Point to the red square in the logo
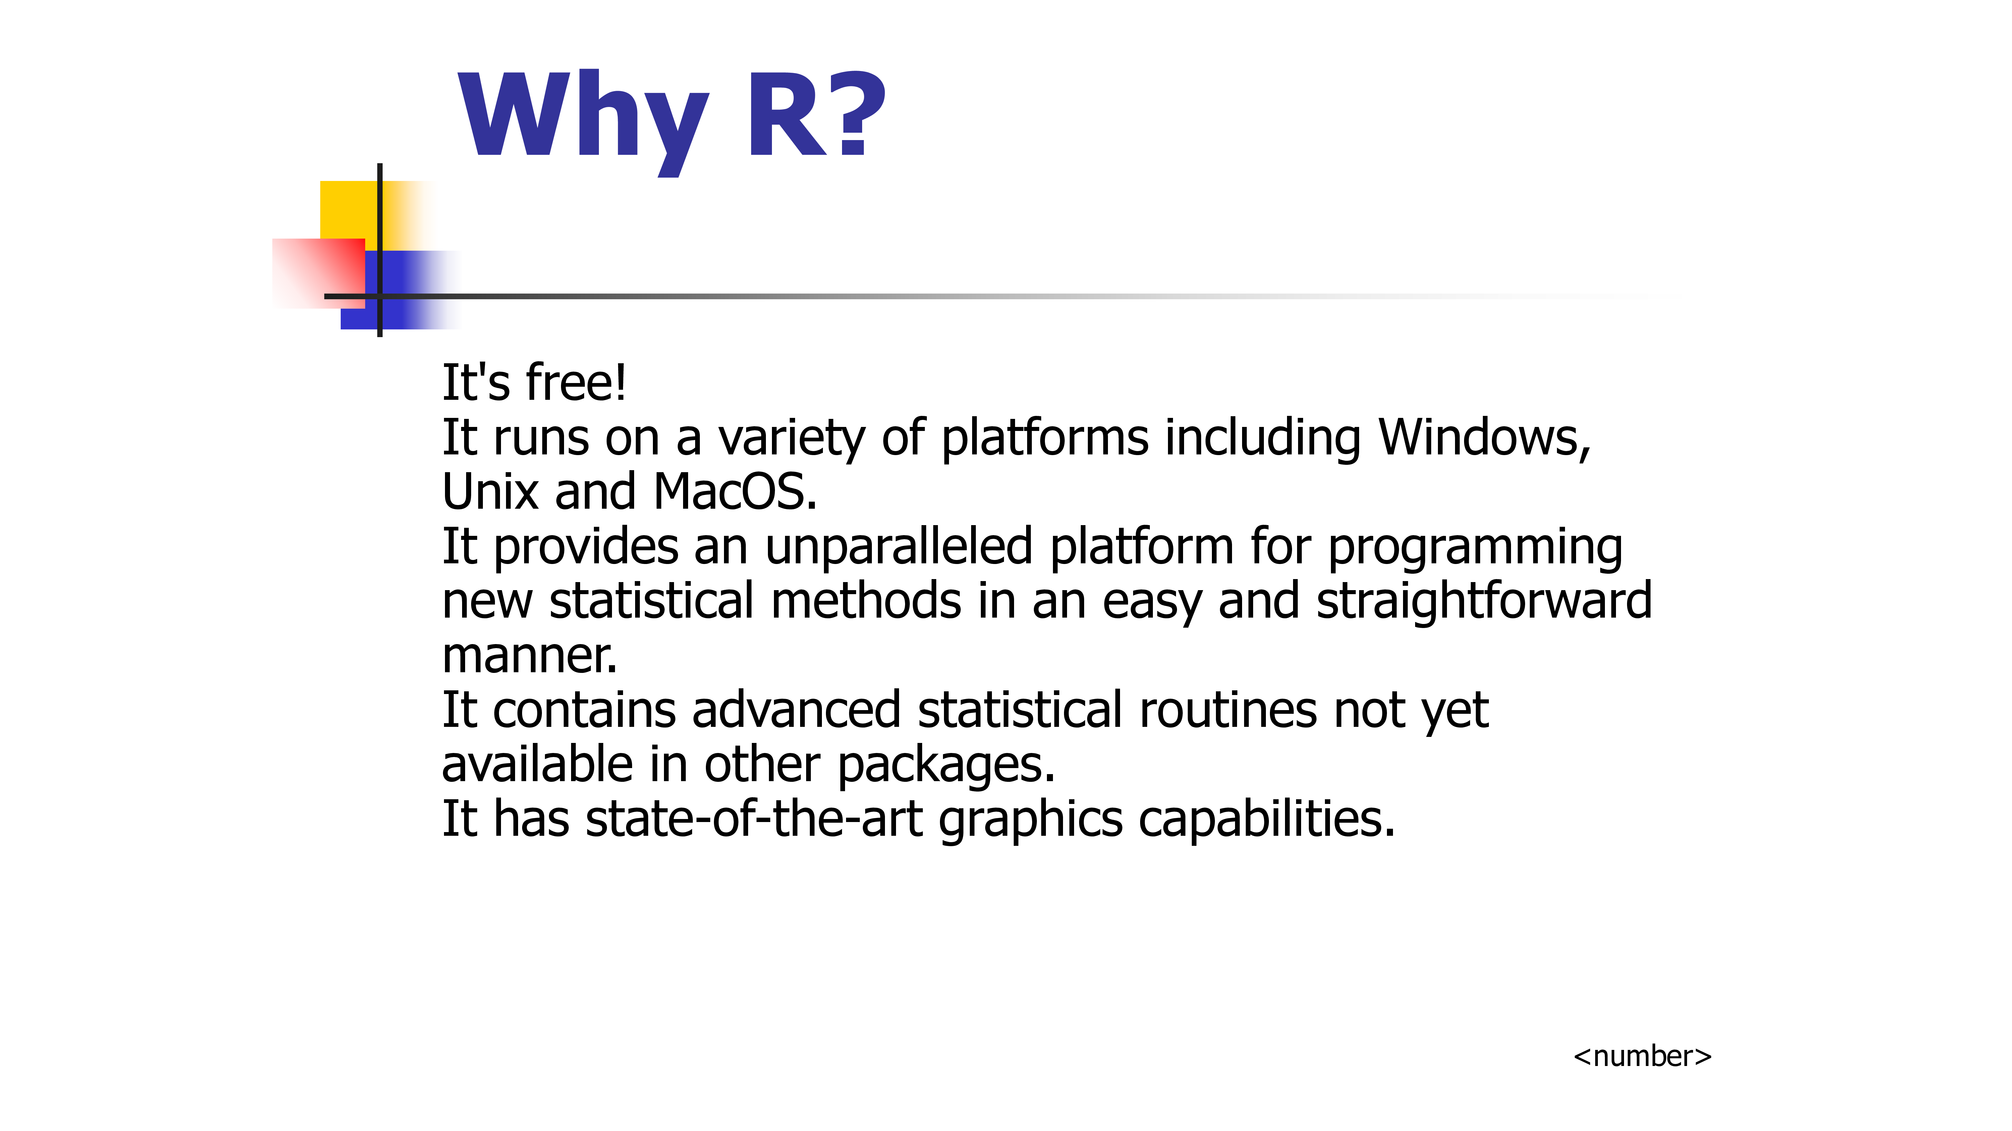tap(319, 273)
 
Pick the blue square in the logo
tap(400, 290)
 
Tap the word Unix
tap(491, 493)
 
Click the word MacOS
tap(735, 493)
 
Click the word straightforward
tap(1484, 602)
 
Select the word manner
tap(529, 656)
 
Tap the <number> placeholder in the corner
tap(1642, 1056)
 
